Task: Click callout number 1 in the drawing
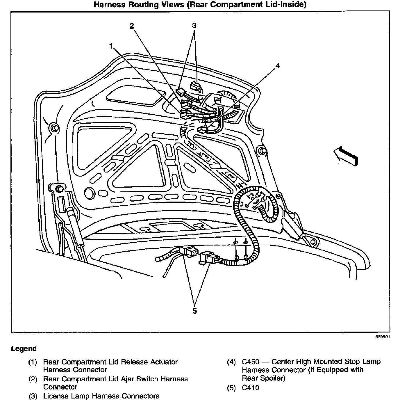[111, 46]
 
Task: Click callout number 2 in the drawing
[132, 26]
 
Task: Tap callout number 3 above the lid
[194, 26]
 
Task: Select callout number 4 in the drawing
[278, 66]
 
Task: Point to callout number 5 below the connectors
[194, 311]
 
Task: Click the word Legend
[24, 349]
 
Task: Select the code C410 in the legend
[250, 388]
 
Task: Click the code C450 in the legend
[251, 362]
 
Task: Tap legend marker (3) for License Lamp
[33, 396]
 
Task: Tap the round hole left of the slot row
[90, 192]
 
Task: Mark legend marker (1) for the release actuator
[33, 362]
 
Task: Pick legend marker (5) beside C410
[231, 388]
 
